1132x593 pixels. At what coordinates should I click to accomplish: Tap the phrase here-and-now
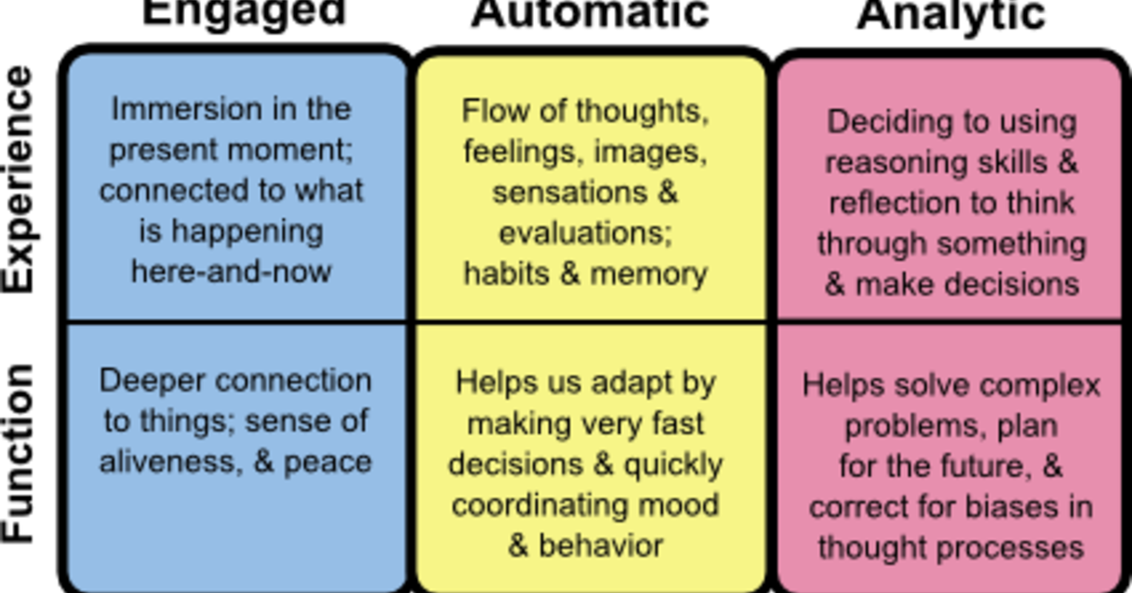[231, 271]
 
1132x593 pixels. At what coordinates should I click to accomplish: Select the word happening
[247, 231]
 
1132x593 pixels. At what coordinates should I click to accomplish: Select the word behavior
[600, 546]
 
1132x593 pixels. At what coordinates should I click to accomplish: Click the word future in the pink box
[982, 467]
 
